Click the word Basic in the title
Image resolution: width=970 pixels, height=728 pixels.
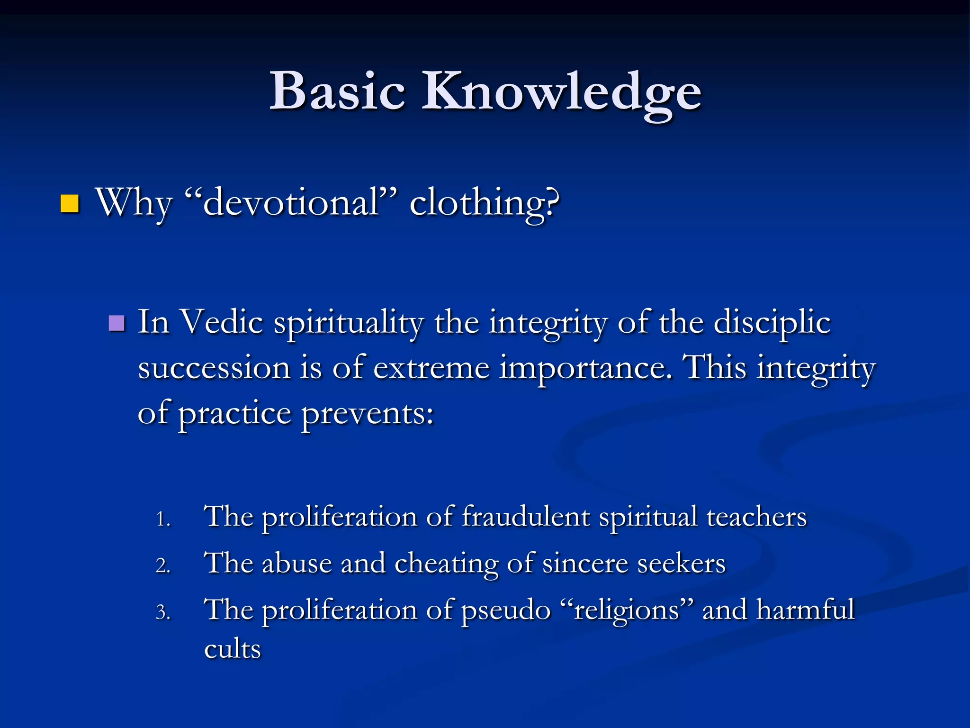(337, 91)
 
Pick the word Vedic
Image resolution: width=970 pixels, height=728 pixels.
(222, 322)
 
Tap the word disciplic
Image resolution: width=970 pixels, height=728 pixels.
(772, 322)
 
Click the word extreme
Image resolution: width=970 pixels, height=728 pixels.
(431, 368)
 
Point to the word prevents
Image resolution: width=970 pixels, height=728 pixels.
(368, 413)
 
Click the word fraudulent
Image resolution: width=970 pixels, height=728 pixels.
(526, 516)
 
